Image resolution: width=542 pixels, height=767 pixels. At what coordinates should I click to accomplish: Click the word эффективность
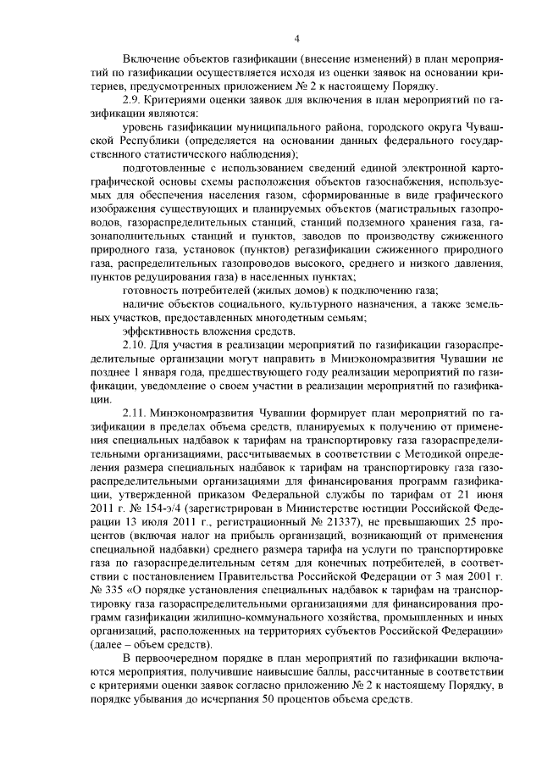(x=161, y=331)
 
